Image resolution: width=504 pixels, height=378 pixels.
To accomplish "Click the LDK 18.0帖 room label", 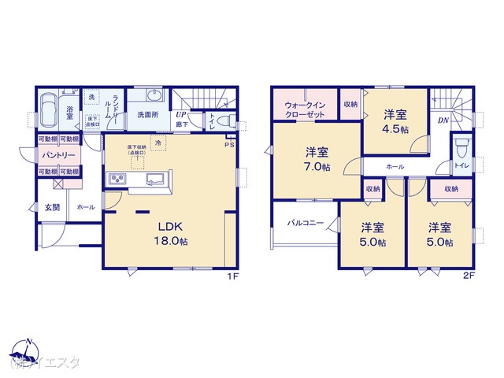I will point(173,234).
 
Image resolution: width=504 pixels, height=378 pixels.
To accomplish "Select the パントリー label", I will point(59,154).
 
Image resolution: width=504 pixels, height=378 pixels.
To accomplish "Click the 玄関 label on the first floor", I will point(52,207).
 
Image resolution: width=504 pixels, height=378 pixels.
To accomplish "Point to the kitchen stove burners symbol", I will point(117,180).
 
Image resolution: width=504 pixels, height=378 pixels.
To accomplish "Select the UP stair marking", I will point(182,113).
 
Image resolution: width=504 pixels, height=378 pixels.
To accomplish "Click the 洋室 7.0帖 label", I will point(318,160).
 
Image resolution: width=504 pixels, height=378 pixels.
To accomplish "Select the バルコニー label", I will point(305,224).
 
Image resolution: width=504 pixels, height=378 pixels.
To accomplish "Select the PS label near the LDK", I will point(229,145).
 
